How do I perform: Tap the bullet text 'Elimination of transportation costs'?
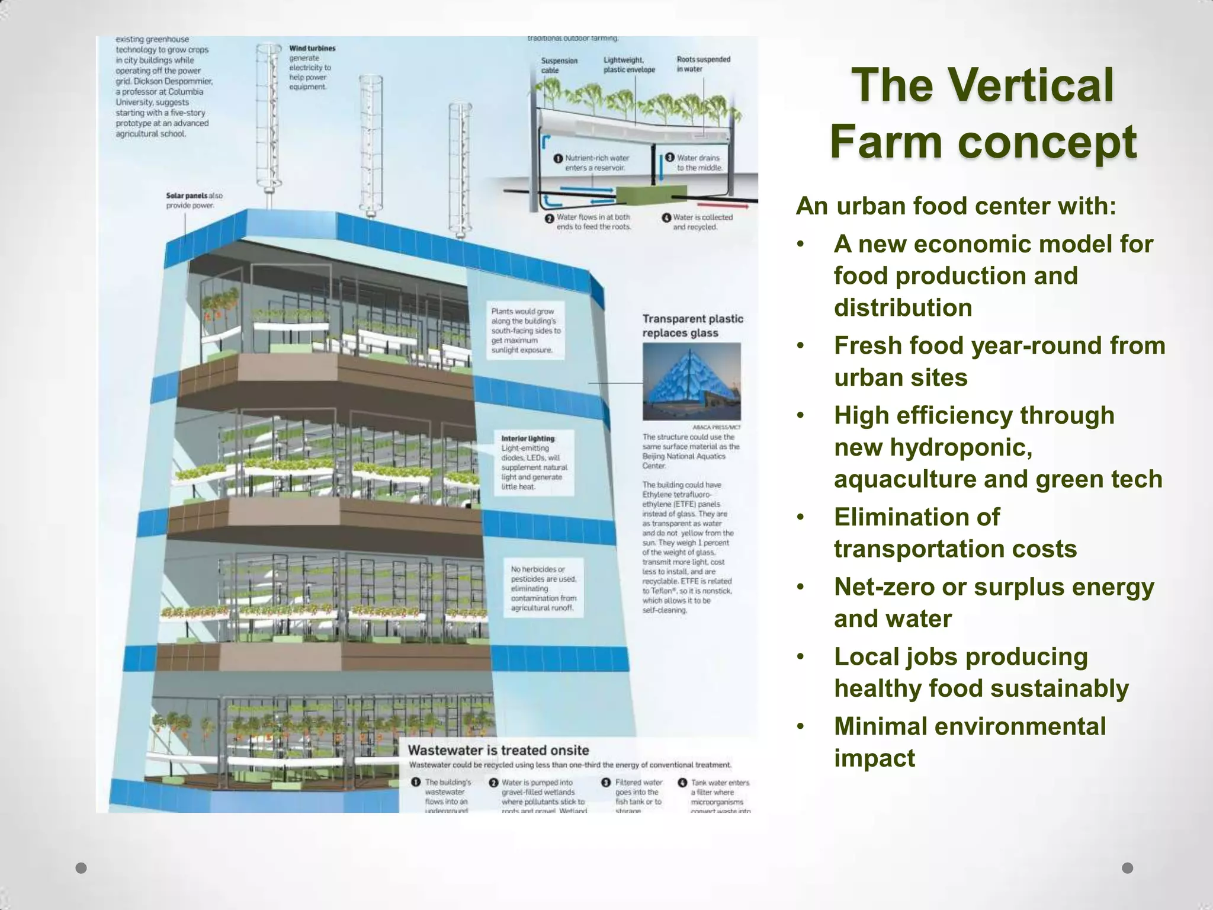coord(955,533)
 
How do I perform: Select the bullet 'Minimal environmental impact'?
coord(970,742)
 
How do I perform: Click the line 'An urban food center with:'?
coord(956,206)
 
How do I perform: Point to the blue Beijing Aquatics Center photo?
coord(691,381)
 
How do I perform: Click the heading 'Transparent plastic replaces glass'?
coord(692,326)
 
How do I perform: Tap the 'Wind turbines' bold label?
coord(312,49)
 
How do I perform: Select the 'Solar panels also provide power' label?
coord(194,200)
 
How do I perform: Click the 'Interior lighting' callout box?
coord(534,463)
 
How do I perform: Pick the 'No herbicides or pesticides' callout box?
coord(543,588)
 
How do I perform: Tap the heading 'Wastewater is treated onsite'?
coord(498,750)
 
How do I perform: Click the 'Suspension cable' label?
coord(559,65)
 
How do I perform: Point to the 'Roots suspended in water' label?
coord(703,64)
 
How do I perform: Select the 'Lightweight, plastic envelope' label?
coord(629,65)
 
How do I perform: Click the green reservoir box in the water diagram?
coord(642,196)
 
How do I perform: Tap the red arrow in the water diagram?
coord(734,207)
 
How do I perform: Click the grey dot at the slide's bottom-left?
coord(82,868)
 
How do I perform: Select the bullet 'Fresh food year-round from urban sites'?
coord(999,361)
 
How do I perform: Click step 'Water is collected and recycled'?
coord(702,222)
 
